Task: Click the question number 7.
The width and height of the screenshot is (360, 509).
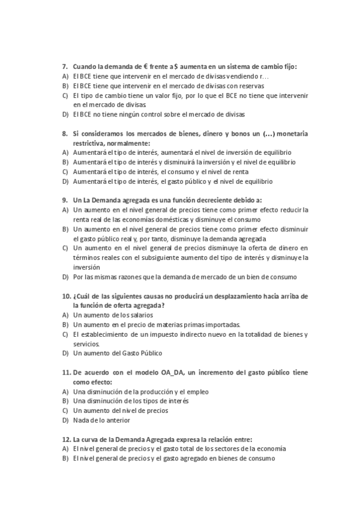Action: coord(65,67)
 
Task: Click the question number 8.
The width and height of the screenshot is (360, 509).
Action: coord(65,133)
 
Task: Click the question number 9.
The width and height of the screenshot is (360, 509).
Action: coord(65,200)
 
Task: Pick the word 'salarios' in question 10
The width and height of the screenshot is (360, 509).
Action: coord(140,315)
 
